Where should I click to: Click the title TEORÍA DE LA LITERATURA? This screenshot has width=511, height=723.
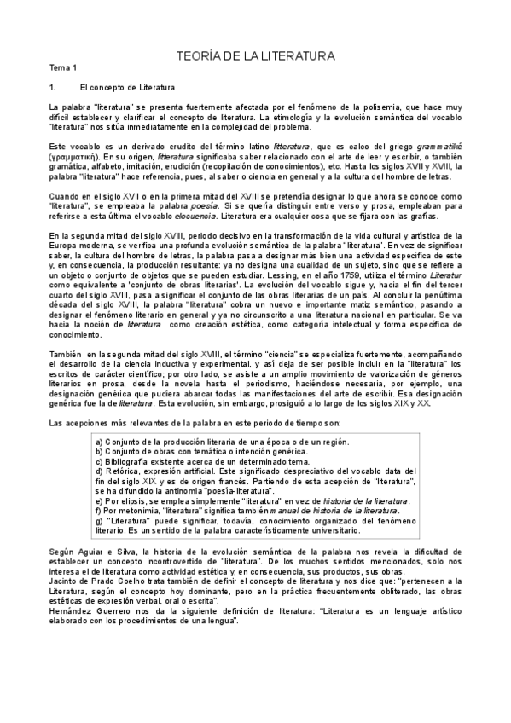(x=255, y=55)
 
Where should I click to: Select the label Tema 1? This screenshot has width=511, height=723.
(x=63, y=67)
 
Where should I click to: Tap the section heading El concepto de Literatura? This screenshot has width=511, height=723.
(x=127, y=87)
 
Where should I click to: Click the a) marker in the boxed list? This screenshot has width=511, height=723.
(x=100, y=441)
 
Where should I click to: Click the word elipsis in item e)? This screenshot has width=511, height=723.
(x=131, y=501)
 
